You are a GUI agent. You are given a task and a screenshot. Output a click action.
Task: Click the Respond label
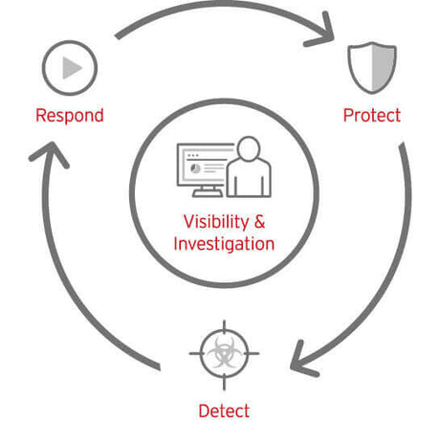click(x=69, y=116)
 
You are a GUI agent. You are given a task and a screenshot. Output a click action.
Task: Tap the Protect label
click(x=372, y=116)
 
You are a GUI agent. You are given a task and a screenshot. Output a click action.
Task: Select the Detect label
click(x=224, y=411)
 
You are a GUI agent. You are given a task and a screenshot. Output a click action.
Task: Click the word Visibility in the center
click(x=211, y=221)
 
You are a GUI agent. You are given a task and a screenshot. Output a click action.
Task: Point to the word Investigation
click(x=224, y=244)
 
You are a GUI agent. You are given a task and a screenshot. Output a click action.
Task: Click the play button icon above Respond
click(x=70, y=67)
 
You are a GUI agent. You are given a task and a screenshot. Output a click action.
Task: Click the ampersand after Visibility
click(x=259, y=221)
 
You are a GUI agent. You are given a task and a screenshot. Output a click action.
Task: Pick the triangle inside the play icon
click(x=71, y=67)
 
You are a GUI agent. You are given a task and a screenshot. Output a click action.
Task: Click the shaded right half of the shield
click(x=381, y=66)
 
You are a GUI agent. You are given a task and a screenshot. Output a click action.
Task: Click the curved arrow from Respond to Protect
click(x=220, y=12)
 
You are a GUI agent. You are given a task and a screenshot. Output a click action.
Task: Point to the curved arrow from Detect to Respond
click(x=72, y=287)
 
